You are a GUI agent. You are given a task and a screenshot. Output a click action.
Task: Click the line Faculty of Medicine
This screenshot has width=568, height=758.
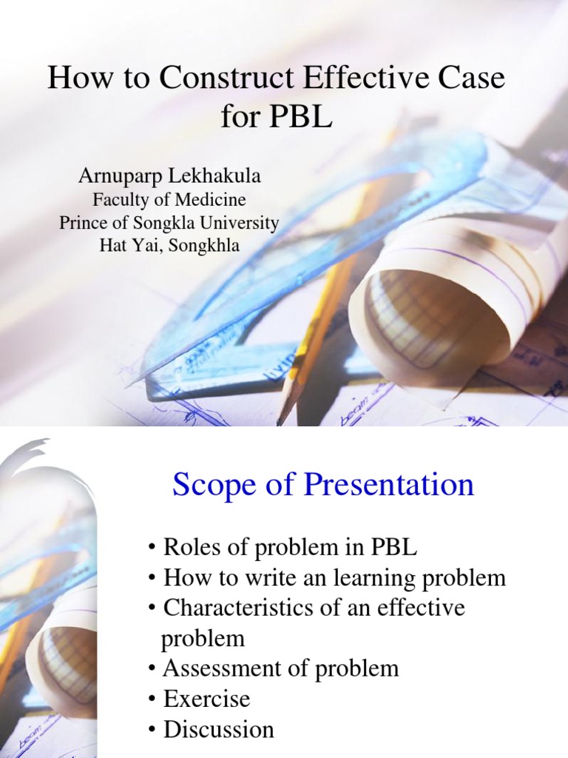point(169,200)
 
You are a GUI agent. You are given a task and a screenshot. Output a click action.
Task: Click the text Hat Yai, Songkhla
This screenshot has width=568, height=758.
point(169,246)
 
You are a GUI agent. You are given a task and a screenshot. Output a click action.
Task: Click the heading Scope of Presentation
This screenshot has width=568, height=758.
point(323,486)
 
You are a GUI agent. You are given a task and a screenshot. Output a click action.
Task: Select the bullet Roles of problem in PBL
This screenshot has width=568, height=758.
point(283,548)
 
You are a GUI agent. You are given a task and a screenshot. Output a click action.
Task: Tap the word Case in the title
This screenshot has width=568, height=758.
point(470,78)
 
